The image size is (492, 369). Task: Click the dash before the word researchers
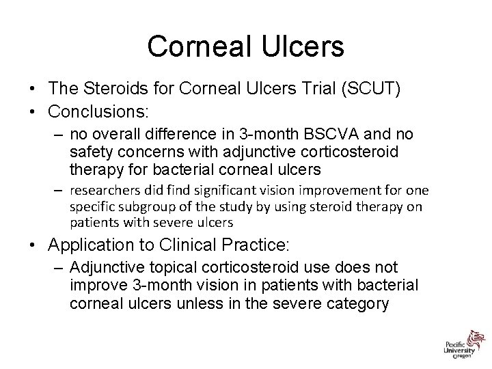point(59,189)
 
